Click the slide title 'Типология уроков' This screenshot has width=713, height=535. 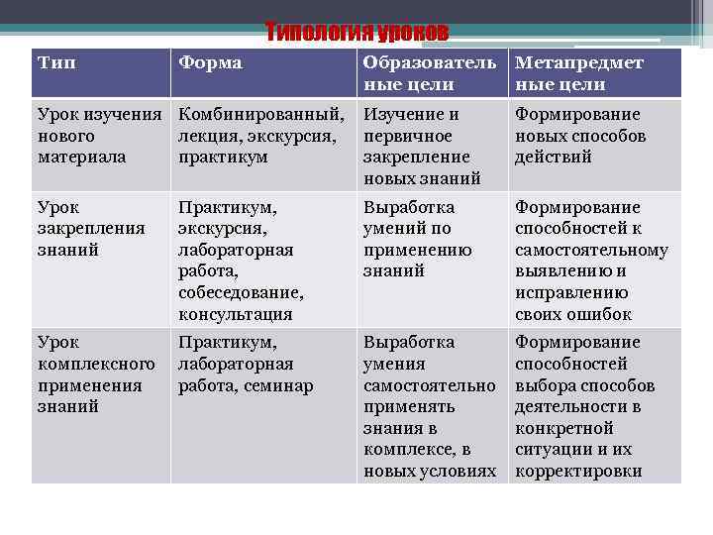356,34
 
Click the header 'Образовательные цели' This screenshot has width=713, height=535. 430,73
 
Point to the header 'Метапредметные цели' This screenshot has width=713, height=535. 579,73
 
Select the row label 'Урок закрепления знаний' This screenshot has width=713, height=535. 90,229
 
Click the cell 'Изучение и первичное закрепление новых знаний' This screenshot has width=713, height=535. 422,146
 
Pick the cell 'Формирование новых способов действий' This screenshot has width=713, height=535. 580,136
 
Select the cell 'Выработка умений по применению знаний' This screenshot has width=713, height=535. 417,239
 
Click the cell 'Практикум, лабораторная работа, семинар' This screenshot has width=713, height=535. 246,364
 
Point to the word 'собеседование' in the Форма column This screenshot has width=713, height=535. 241,293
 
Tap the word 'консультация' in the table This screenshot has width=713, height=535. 236,315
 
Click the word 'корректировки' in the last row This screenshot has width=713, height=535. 578,472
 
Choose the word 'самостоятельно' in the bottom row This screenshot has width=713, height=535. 429,384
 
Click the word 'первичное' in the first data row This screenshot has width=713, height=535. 407,136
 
